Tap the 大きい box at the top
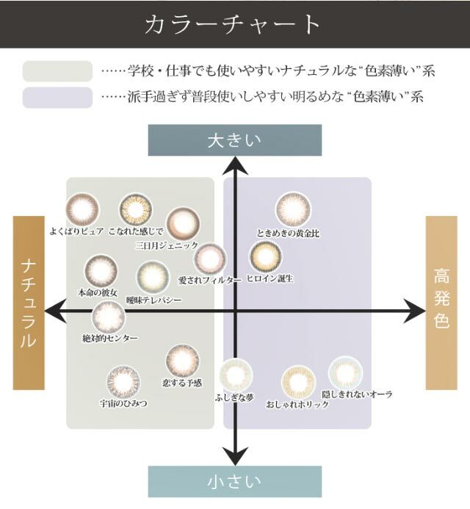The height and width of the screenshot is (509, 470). tap(234, 140)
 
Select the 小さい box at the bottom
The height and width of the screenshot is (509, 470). tap(234, 481)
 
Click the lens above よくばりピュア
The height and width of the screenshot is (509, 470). tap(82, 209)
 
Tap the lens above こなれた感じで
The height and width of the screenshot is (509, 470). tap(136, 210)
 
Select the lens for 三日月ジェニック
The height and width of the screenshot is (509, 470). tap(183, 223)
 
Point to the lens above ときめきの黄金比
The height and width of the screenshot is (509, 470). tap(293, 210)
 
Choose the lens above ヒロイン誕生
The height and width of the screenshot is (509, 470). tap(266, 256)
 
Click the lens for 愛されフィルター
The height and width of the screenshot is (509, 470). tap(210, 259)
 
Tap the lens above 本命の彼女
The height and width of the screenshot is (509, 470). tap(101, 271)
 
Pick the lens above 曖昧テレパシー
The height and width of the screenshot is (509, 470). tap(153, 277)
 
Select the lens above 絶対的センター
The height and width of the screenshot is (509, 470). tap(109, 318)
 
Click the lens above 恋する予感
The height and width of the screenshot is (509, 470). tap(182, 361)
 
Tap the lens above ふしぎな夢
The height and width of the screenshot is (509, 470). tap(236, 376)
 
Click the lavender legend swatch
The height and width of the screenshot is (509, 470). tap(57, 98)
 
